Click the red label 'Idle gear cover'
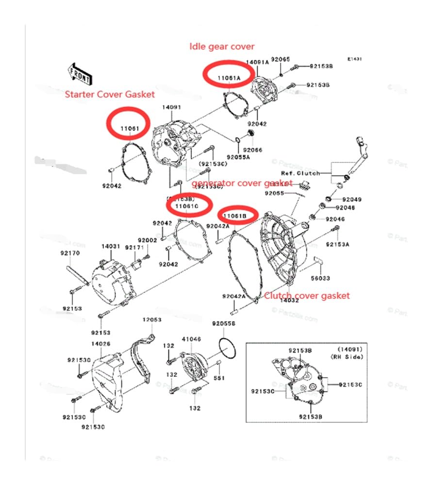point(222,46)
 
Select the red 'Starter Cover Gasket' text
point(110,94)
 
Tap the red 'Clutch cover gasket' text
point(306,295)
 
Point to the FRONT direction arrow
point(80,73)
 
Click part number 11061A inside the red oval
point(228,78)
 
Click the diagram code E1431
point(354,59)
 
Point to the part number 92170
point(70,253)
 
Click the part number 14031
point(110,246)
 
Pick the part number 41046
point(191,339)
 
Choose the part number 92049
point(352,199)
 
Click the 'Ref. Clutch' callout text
point(300,173)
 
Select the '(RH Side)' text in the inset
point(343,356)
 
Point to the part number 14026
point(100,343)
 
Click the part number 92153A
point(337,244)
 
